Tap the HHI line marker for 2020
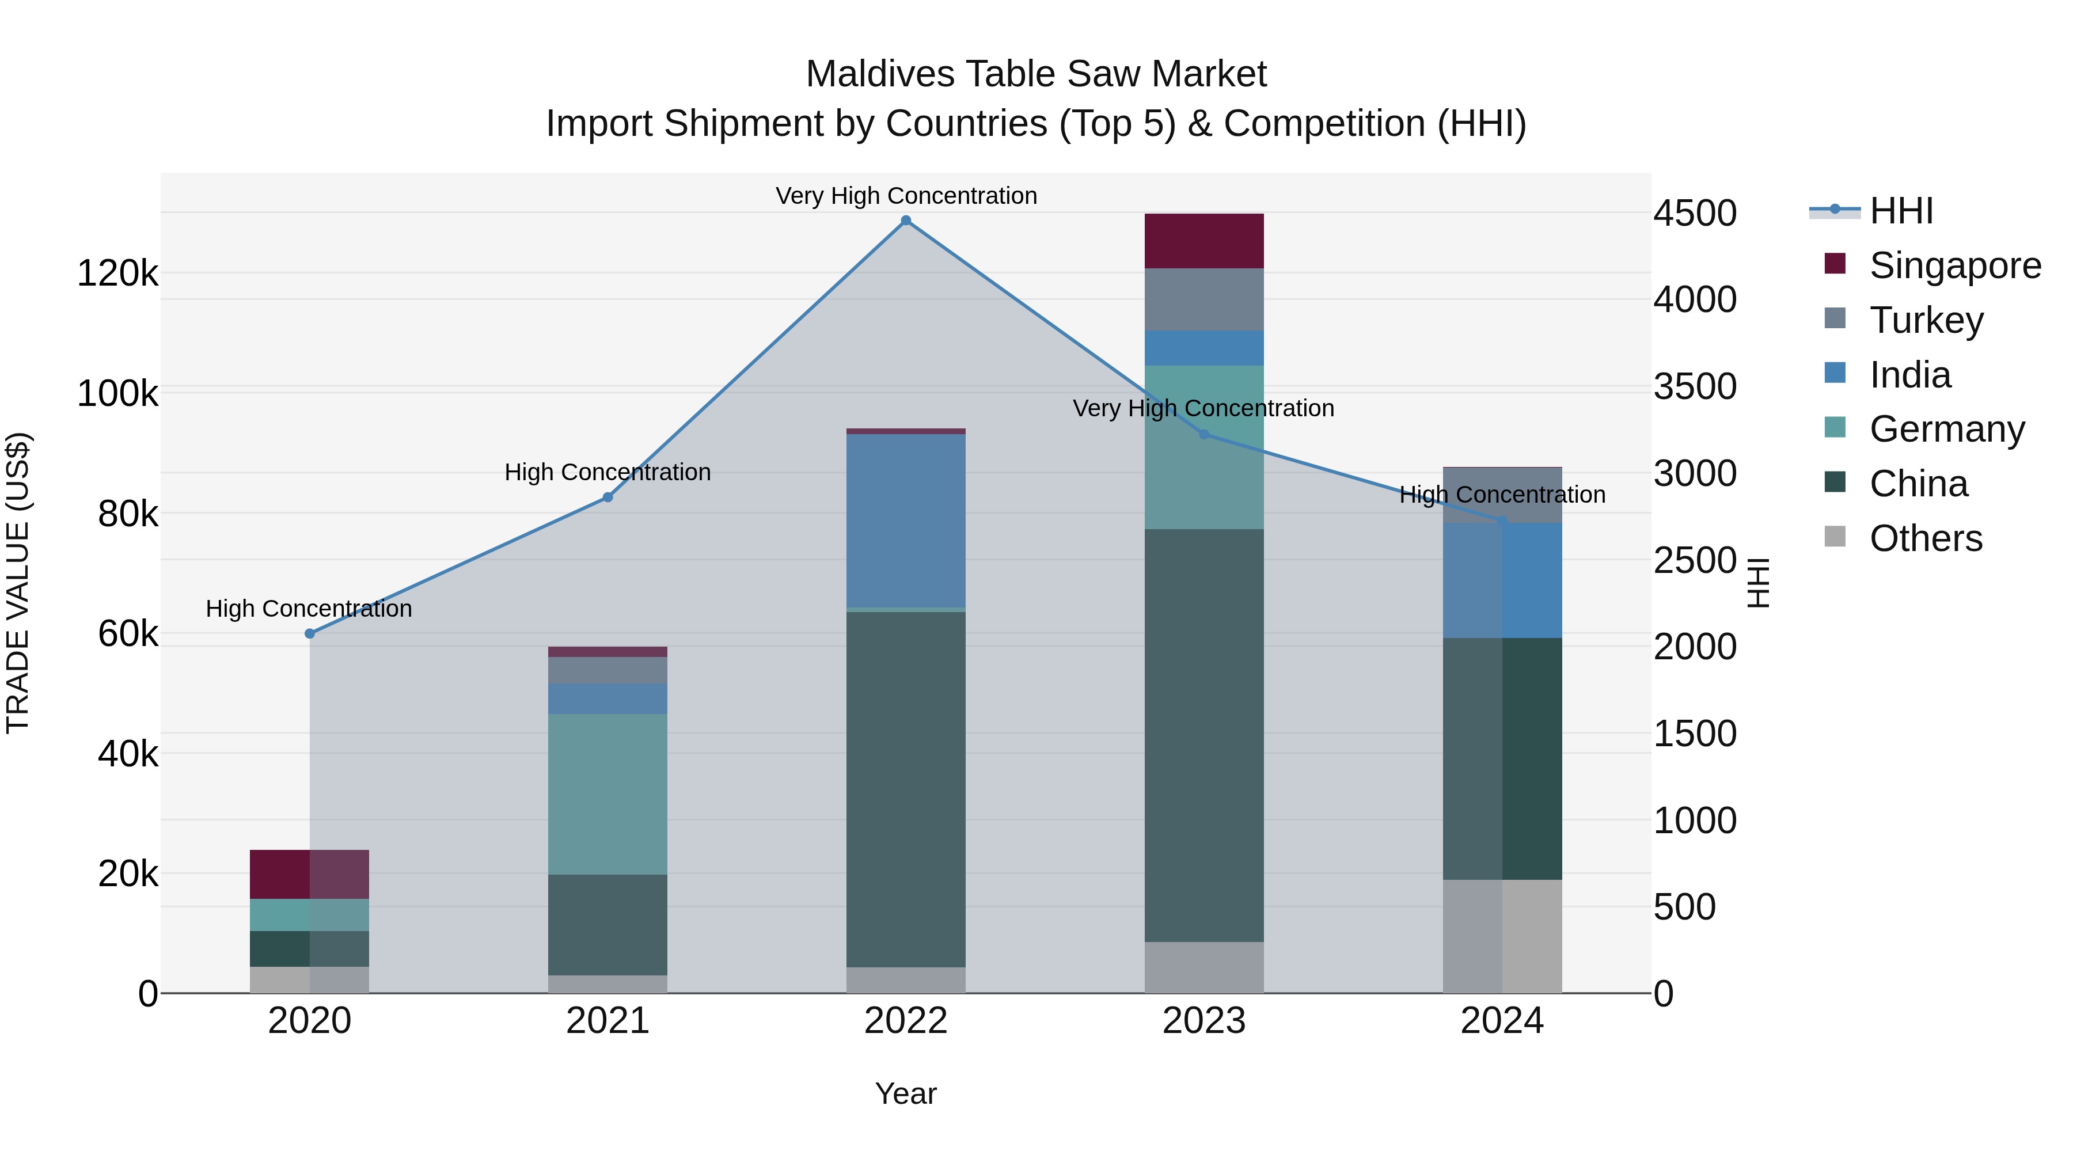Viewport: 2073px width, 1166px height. click(x=310, y=633)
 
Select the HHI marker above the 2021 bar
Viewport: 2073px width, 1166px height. click(x=608, y=497)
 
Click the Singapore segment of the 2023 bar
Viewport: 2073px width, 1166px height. click(x=1204, y=241)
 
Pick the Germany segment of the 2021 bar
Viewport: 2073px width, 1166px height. click(x=608, y=793)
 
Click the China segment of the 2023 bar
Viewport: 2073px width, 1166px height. click(x=1204, y=735)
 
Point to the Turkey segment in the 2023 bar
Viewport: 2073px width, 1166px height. click(x=1204, y=299)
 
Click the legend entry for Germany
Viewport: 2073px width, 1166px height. click(x=1946, y=429)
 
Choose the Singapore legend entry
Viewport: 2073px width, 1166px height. click(x=1954, y=265)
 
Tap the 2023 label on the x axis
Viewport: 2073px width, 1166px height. click(x=1204, y=1021)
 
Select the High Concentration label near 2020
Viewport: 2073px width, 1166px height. click(x=309, y=609)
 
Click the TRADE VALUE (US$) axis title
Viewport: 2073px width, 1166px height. click(x=18, y=583)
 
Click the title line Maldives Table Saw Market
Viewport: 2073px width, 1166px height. click(x=1036, y=74)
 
